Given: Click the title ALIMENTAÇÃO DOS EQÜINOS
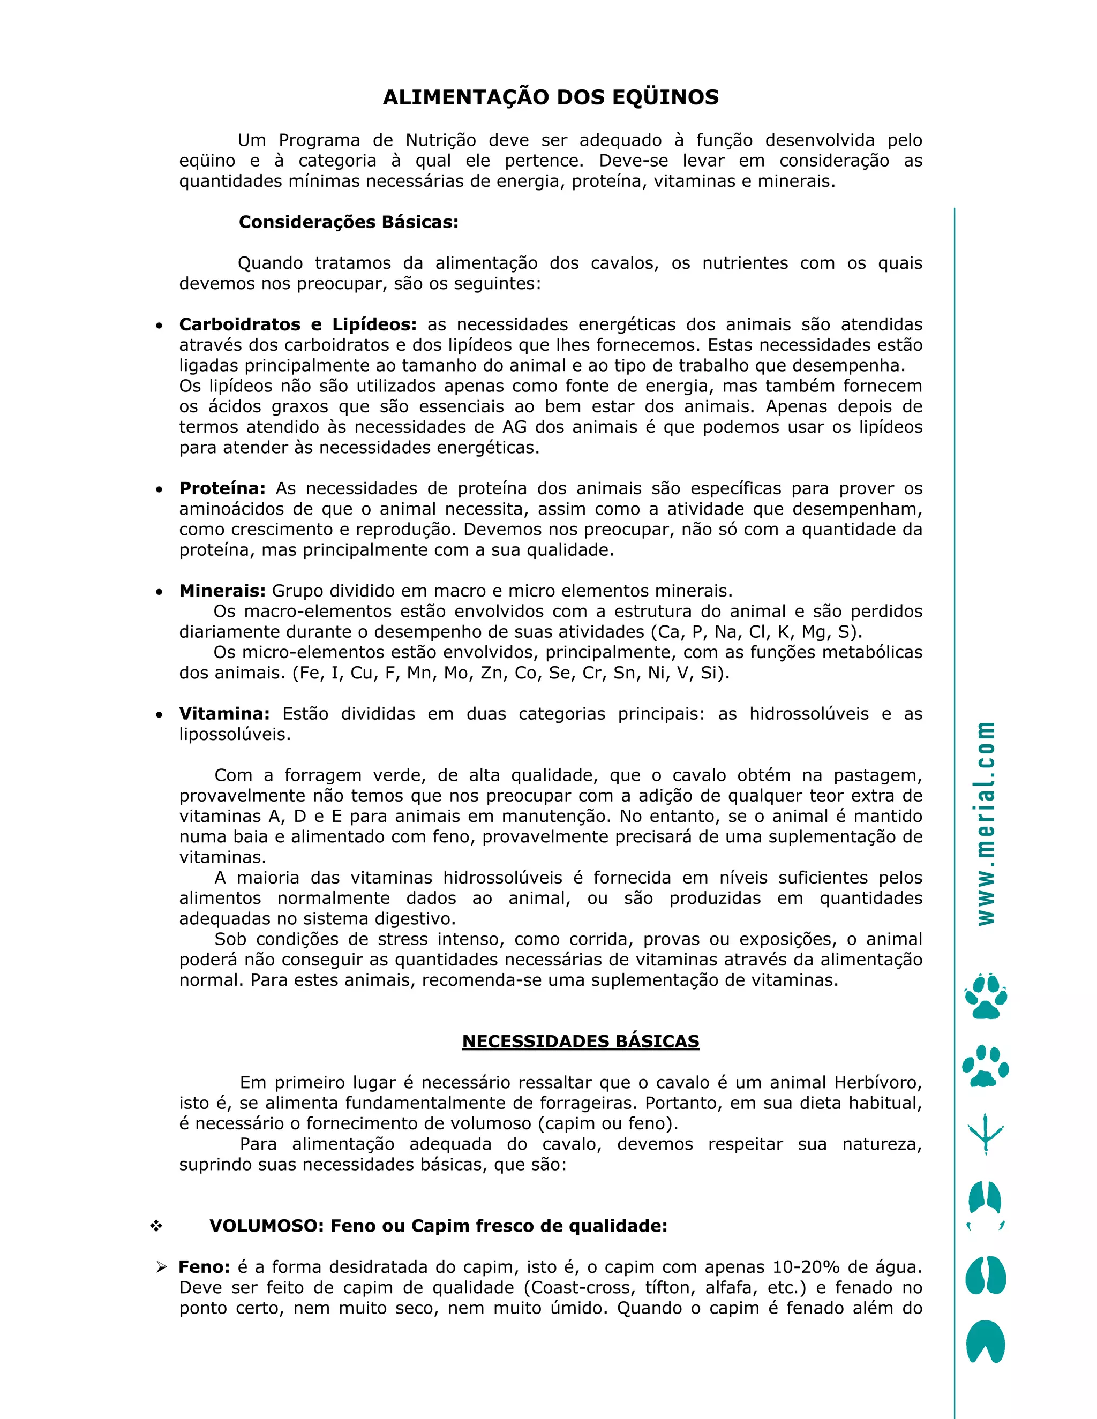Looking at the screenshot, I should pos(551,97).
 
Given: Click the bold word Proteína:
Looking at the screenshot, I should pos(222,488).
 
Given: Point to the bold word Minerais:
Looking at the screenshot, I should pos(222,591).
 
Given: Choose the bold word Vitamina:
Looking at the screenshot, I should pos(224,713).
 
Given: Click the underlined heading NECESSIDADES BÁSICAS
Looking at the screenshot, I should pos(580,1041).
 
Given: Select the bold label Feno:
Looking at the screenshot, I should pos(204,1267).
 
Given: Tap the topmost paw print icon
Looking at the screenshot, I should pos(986,996).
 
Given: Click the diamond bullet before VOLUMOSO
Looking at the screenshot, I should pos(156,1226).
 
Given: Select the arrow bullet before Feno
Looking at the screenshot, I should pos(162,1267).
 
